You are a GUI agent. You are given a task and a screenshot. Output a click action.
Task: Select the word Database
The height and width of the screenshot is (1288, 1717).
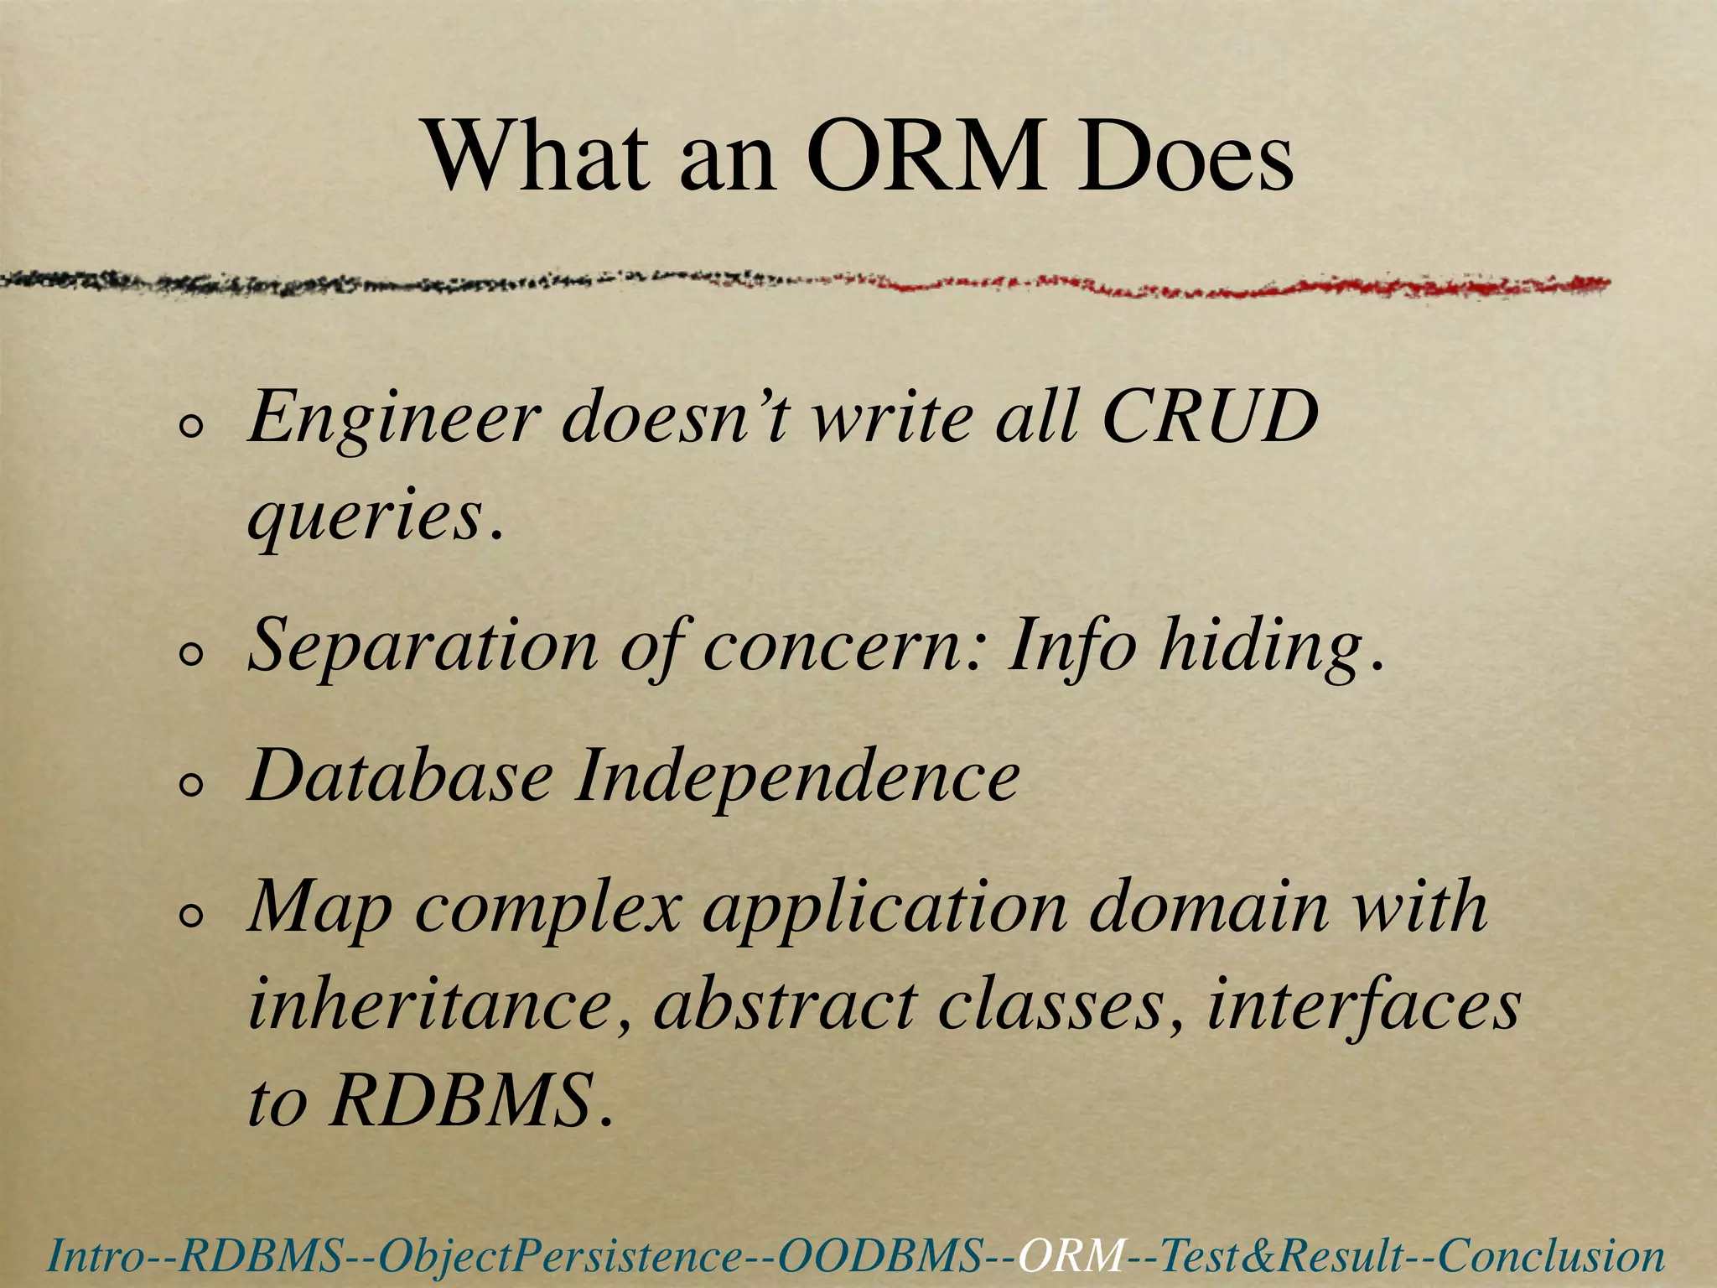[x=401, y=776]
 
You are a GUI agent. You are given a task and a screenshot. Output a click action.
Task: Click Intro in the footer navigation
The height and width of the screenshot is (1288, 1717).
[x=88, y=1256]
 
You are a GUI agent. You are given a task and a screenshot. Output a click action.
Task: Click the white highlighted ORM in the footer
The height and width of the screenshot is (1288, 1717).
[x=1072, y=1256]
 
